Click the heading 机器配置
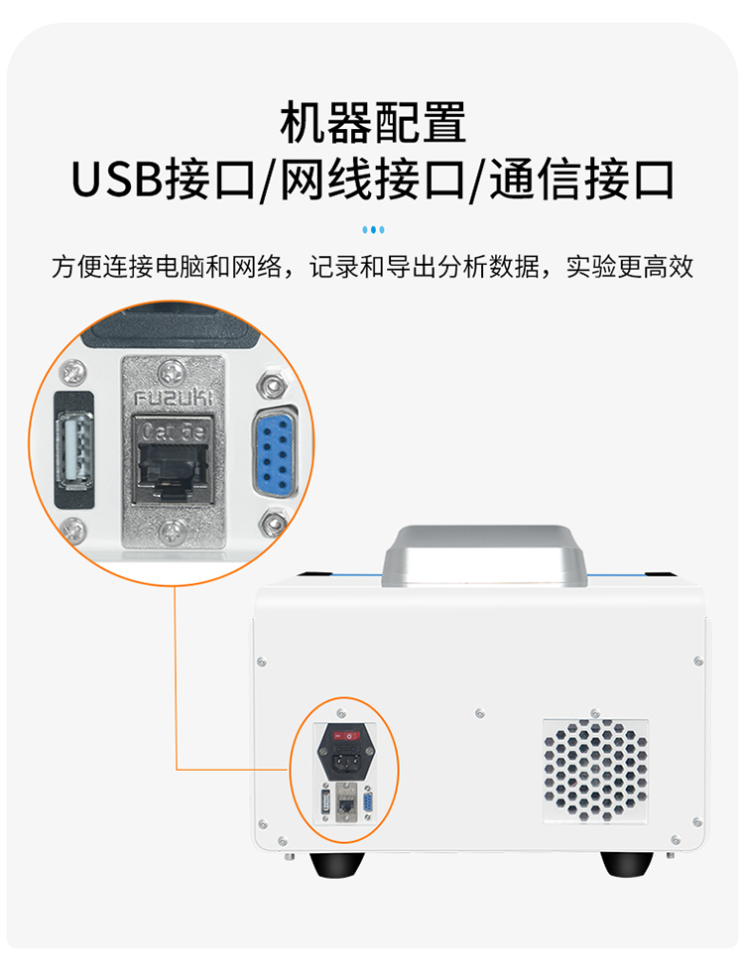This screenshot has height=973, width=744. click(x=372, y=123)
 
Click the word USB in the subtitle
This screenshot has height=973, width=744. click(x=117, y=180)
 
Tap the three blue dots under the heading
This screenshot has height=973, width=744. click(x=373, y=230)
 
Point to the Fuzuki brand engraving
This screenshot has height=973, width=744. click(x=174, y=397)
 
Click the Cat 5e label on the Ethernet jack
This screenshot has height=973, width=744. click(x=174, y=430)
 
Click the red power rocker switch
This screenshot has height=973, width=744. click(x=346, y=736)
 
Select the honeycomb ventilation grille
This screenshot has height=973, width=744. click(x=596, y=771)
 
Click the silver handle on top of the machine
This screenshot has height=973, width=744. click(x=485, y=556)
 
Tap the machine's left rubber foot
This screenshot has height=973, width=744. click(x=337, y=865)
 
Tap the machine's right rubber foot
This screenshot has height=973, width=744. click(x=627, y=864)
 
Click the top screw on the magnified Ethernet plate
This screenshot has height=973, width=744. click(x=172, y=373)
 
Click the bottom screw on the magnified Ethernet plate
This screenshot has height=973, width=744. click(x=172, y=532)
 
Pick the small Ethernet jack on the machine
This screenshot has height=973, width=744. click(x=344, y=804)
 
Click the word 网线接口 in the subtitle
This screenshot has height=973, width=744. click(x=372, y=180)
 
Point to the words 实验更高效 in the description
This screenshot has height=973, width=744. click(x=629, y=267)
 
